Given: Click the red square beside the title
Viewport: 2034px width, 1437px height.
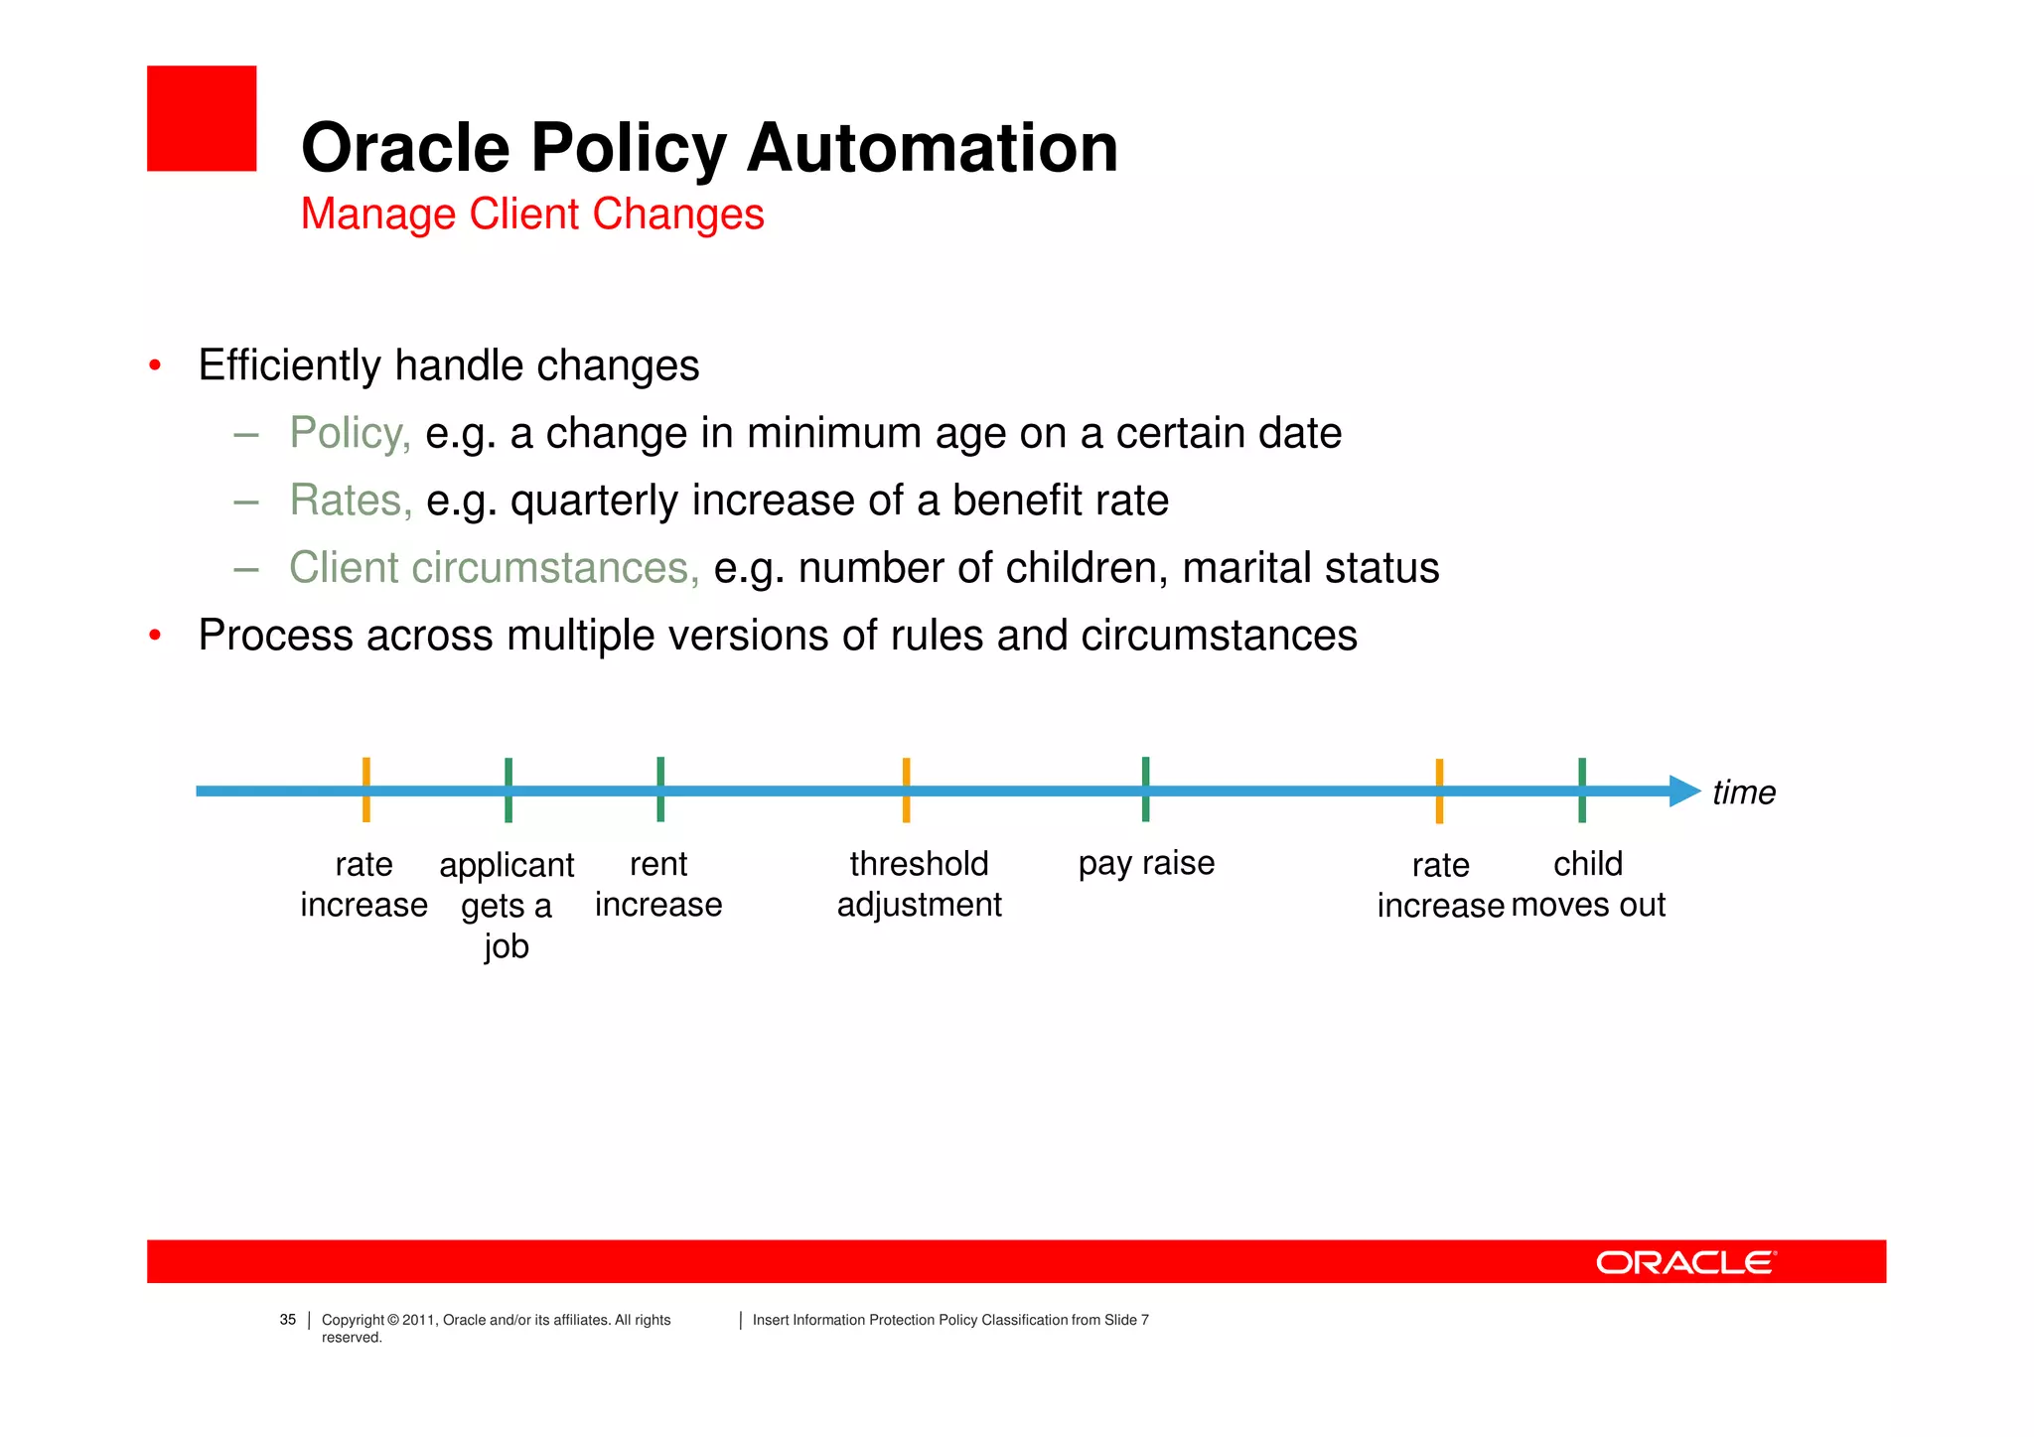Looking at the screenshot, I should pyautogui.click(x=202, y=119).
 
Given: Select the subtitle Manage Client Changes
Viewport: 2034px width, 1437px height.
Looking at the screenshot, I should pyautogui.click(x=532, y=215).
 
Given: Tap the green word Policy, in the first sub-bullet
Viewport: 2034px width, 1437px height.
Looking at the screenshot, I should pyautogui.click(x=350, y=434).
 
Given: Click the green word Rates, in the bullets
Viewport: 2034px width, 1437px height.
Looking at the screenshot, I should pyautogui.click(x=351, y=501).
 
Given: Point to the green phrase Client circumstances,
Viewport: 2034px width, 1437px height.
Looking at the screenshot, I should pyautogui.click(x=494, y=568).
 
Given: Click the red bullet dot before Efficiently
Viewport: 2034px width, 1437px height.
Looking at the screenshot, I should pyautogui.click(x=155, y=366).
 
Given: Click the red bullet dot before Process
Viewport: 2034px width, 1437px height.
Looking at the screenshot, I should pyautogui.click(x=155, y=636).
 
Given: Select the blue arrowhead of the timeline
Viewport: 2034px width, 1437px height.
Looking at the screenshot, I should pyautogui.click(x=1685, y=791).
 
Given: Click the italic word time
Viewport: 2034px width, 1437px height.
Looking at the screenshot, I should pyautogui.click(x=1743, y=793).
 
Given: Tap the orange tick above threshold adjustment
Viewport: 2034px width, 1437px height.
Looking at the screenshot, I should pyautogui.click(x=906, y=790).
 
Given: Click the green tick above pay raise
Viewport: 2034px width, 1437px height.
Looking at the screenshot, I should pyautogui.click(x=1145, y=790).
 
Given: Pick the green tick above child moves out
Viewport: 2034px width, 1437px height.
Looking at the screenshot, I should pyautogui.click(x=1582, y=790).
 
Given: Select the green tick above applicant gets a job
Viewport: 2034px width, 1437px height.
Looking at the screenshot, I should pyautogui.click(x=508, y=790).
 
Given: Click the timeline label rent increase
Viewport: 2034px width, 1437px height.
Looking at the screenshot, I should pyautogui.click(x=658, y=885).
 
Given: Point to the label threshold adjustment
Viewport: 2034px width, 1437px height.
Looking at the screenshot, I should pyautogui.click(x=919, y=885).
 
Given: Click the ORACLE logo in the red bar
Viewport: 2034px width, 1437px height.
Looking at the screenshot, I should pyautogui.click(x=1685, y=1262).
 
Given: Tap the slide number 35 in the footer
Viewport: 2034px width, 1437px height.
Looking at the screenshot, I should pyautogui.click(x=288, y=1320).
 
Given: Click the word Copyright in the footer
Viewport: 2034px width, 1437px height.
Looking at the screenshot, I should pyautogui.click(x=353, y=1320).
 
